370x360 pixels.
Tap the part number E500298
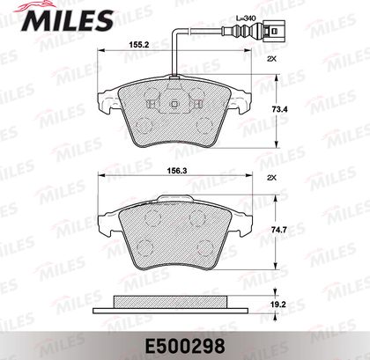[x=184, y=346]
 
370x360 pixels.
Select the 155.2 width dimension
[x=139, y=45]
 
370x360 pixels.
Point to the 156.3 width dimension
[x=177, y=171]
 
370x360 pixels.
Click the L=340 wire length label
[x=246, y=18]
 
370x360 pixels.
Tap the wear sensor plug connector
[x=274, y=31]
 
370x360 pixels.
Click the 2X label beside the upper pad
[x=272, y=59]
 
